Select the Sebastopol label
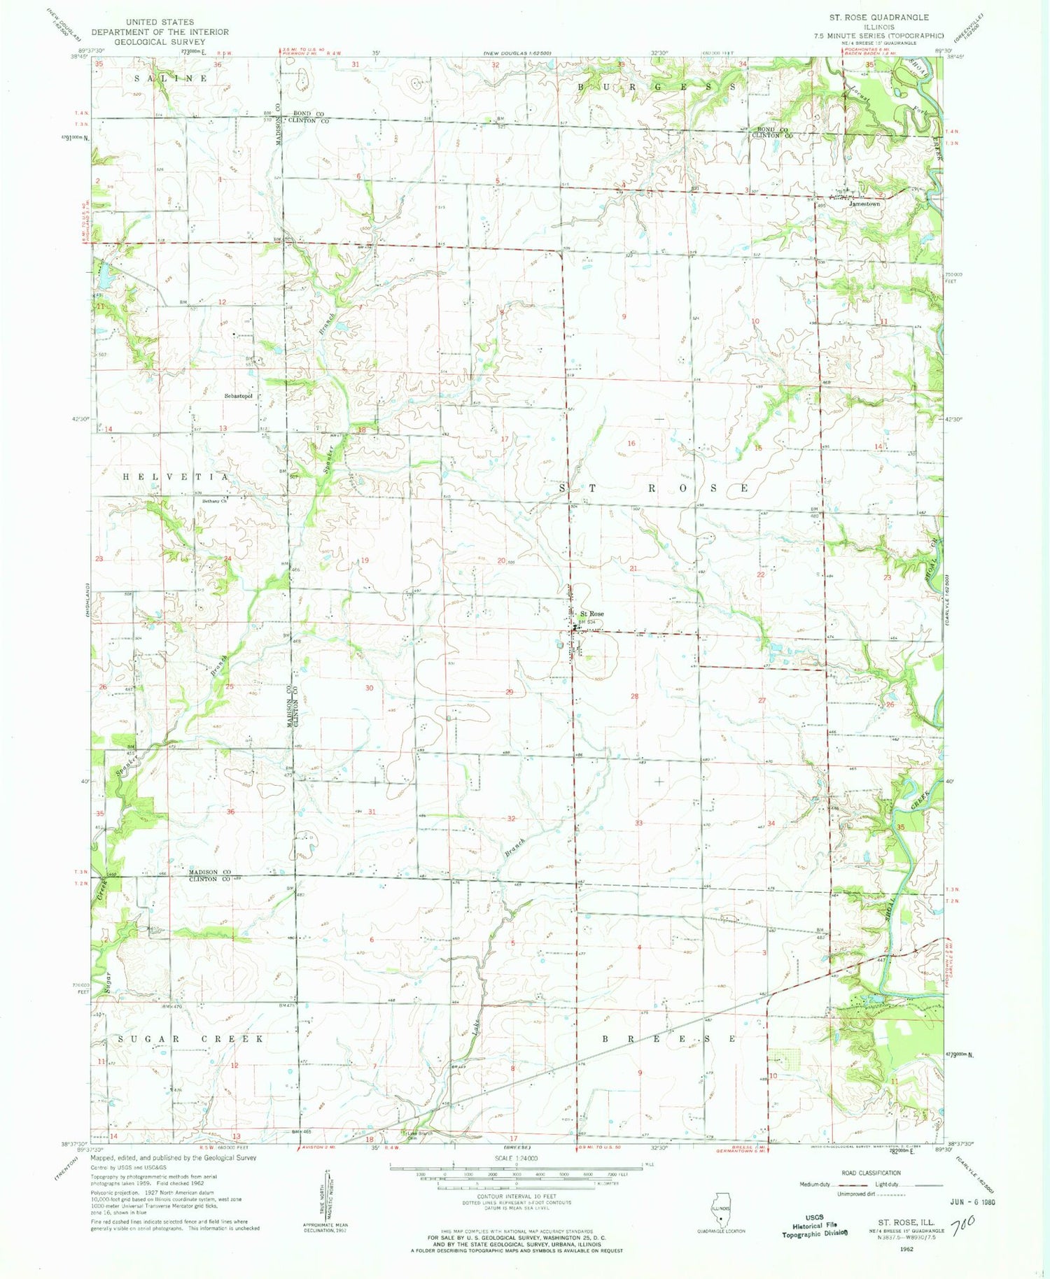(238, 396)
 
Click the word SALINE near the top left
(171, 78)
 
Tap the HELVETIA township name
(176, 476)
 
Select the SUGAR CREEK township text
(190, 1039)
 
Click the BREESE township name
(669, 1039)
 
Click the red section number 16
(631, 444)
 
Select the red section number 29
(510, 692)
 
